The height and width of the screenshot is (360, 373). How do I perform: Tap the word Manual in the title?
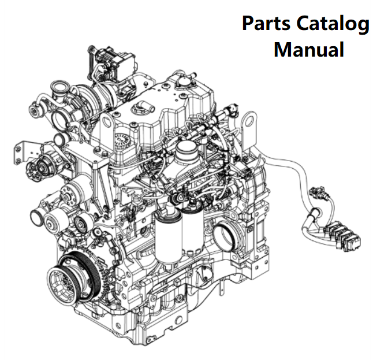[308, 49]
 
